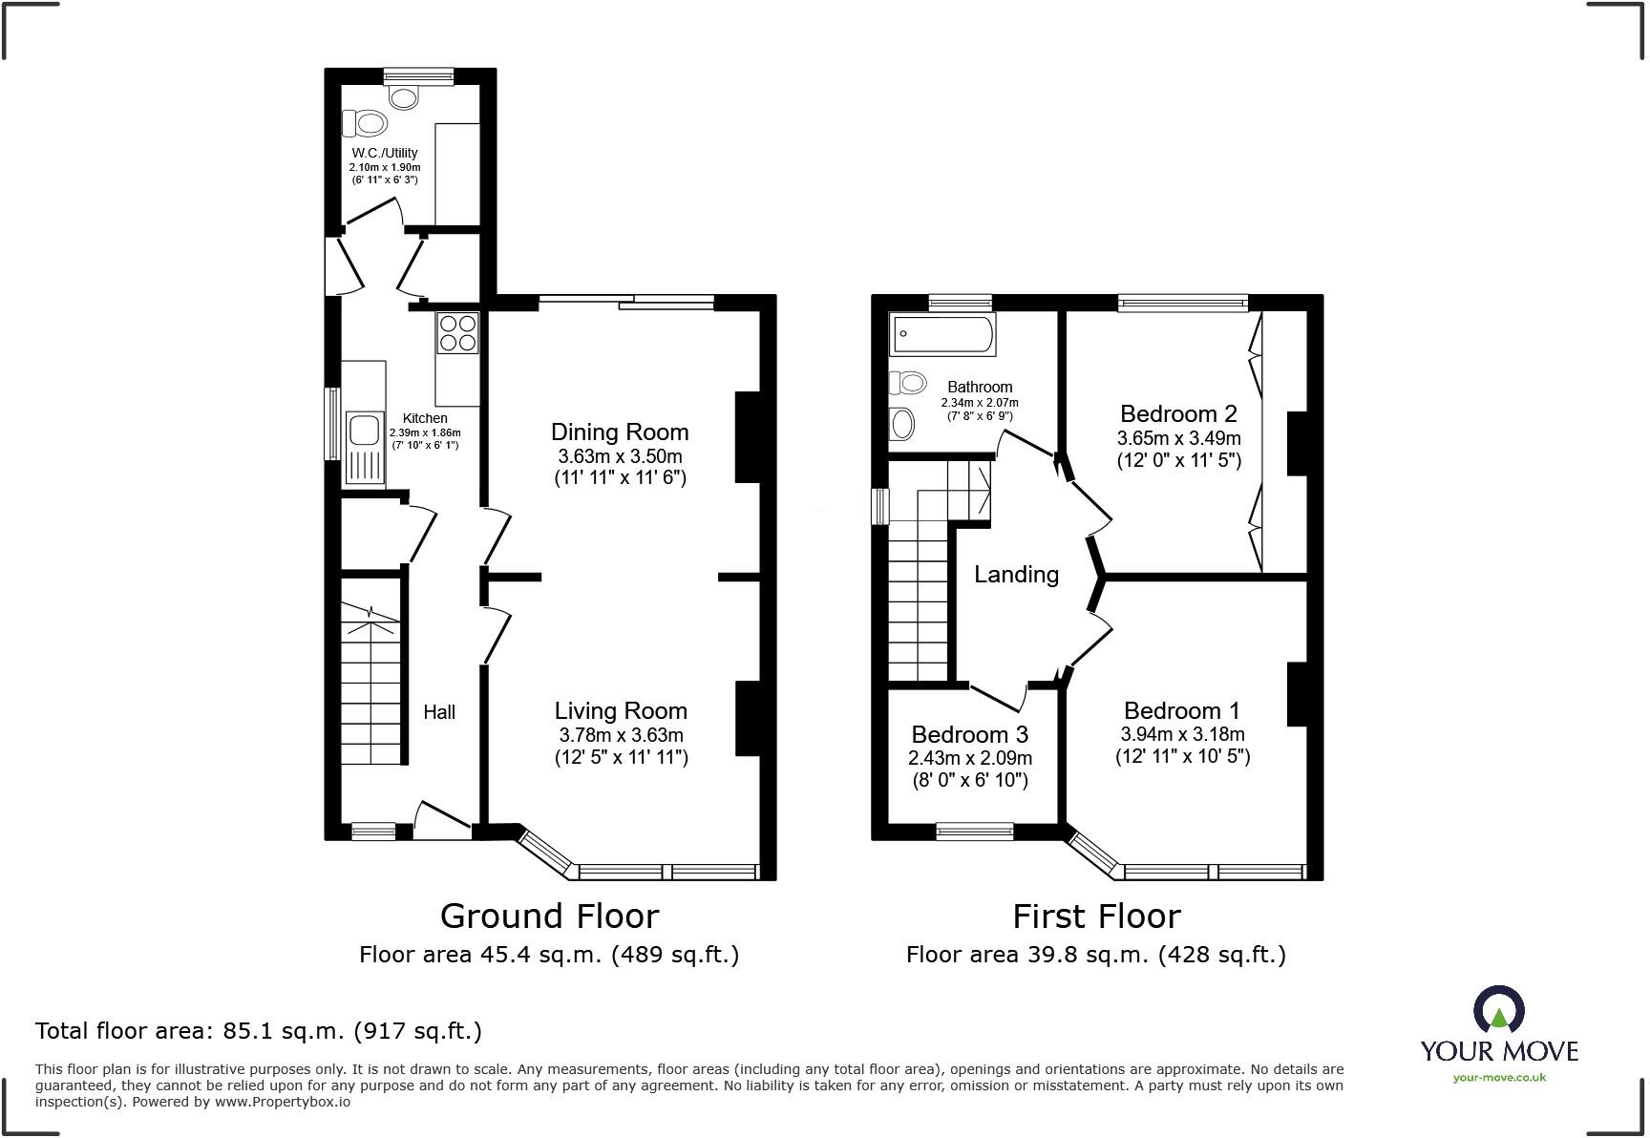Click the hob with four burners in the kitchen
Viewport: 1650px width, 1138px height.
(x=457, y=332)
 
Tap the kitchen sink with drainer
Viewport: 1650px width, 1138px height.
(x=365, y=446)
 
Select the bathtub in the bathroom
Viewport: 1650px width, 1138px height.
(x=942, y=334)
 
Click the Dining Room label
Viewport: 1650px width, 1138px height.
(x=620, y=432)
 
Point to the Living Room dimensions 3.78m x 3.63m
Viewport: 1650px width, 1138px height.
(x=621, y=735)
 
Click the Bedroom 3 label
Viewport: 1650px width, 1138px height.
(x=969, y=734)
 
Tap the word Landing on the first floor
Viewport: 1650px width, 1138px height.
(x=1016, y=574)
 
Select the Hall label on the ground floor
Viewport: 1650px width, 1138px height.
(x=439, y=711)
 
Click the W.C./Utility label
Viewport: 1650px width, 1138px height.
(x=384, y=153)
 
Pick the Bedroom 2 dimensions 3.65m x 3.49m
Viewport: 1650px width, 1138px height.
(x=1178, y=438)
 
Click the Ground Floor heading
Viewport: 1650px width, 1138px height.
(x=549, y=916)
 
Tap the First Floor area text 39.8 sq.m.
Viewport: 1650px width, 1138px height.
(x=1095, y=954)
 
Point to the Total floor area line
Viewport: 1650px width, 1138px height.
(x=258, y=1031)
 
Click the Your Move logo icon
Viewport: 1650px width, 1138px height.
(x=1499, y=1010)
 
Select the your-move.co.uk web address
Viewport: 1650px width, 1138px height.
(x=1499, y=1077)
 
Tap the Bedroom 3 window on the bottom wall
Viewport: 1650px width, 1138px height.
(x=975, y=832)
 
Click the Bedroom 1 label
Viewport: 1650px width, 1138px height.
(x=1181, y=710)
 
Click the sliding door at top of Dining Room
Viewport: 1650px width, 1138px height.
(x=626, y=303)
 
